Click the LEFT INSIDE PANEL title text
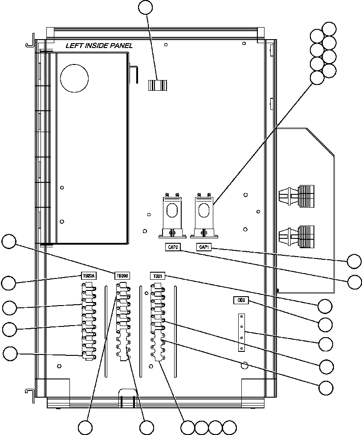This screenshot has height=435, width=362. click(x=99, y=45)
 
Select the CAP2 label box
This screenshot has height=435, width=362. click(x=171, y=247)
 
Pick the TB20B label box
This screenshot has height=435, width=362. click(x=122, y=276)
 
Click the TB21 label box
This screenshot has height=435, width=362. click(x=157, y=276)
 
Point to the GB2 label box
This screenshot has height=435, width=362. click(x=240, y=300)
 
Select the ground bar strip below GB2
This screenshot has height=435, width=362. click(x=241, y=332)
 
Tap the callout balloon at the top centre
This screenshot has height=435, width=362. click(x=146, y=7)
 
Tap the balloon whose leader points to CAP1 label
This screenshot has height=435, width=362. click(x=354, y=261)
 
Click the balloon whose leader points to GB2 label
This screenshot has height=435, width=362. click(x=325, y=325)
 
